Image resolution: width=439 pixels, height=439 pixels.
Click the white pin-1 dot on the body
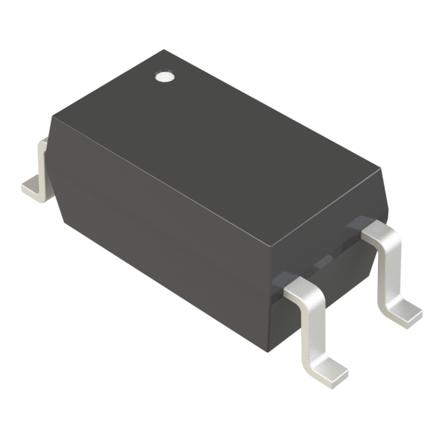(x=163, y=76)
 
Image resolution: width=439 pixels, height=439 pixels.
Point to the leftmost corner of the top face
(x=51, y=117)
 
